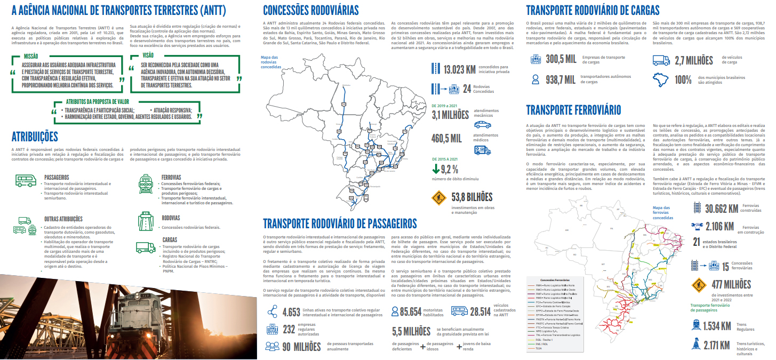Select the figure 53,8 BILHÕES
pos(471,197)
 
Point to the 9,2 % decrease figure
pos(449,170)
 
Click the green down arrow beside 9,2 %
pos(436,170)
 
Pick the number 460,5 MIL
pos(446,139)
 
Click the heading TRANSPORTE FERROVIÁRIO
pos(573,110)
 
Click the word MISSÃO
pos(30,55)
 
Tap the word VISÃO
pos(148,55)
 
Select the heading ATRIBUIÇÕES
pos(35,137)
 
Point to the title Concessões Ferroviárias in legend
pos(555,280)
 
